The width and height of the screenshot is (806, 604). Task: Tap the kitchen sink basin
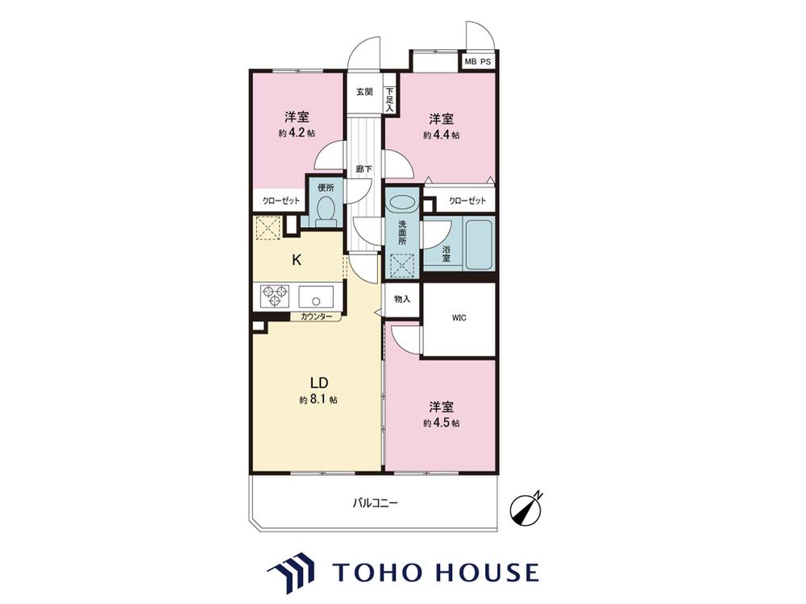(x=316, y=297)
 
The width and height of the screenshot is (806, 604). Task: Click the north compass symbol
(x=526, y=508)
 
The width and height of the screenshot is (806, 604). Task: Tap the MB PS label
(x=477, y=62)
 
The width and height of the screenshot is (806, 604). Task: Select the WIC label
(x=459, y=318)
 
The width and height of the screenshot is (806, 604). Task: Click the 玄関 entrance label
(x=364, y=92)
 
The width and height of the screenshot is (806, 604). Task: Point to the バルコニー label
(x=375, y=503)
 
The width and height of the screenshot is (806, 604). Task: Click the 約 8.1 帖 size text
(x=318, y=399)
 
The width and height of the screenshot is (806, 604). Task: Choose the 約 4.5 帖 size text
(x=442, y=424)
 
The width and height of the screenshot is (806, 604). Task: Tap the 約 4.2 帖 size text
(x=297, y=133)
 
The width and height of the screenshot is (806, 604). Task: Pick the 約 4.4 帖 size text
(x=442, y=135)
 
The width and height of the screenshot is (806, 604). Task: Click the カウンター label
(x=316, y=316)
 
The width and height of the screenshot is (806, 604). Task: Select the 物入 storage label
(x=402, y=299)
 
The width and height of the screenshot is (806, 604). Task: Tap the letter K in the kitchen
(x=297, y=260)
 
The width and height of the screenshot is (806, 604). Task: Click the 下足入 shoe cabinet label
(x=389, y=100)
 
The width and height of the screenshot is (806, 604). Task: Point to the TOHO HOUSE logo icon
(x=290, y=572)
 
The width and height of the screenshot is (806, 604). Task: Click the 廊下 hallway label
(x=364, y=168)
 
